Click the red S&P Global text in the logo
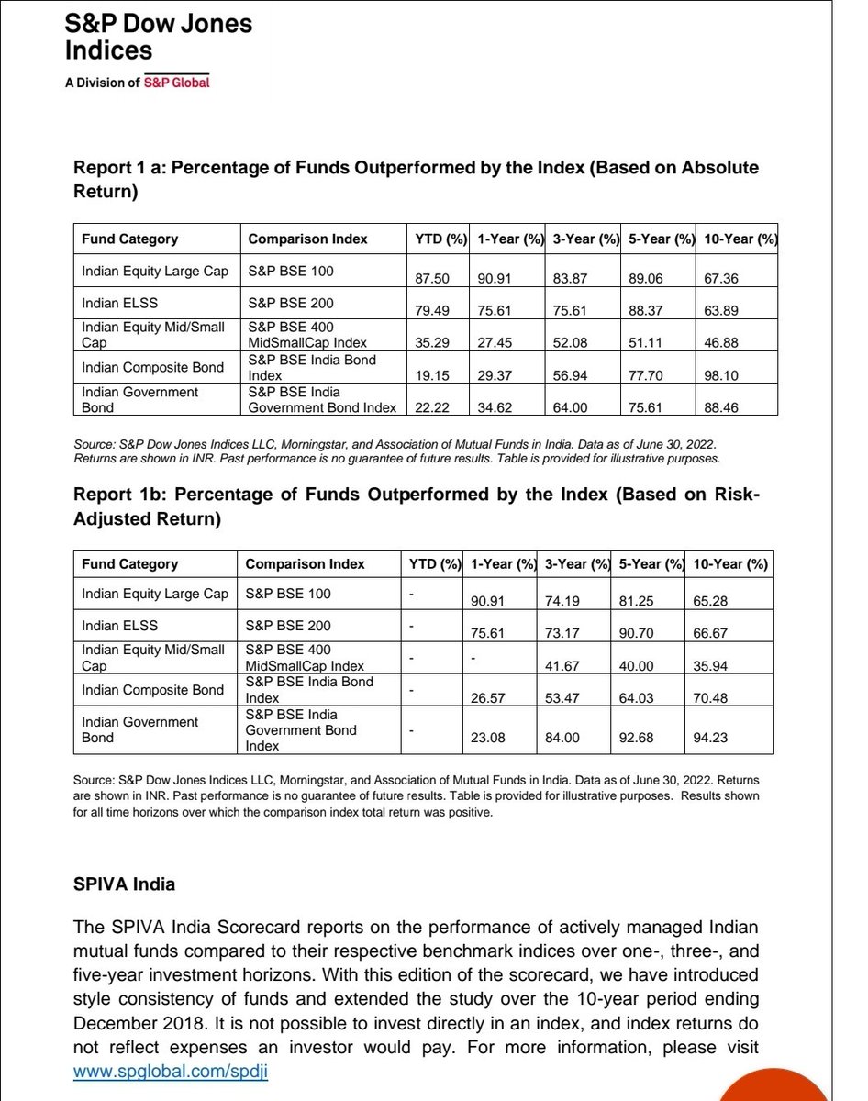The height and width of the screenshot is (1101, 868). pyautogui.click(x=176, y=83)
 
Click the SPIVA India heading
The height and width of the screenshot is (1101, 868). pyautogui.click(x=124, y=885)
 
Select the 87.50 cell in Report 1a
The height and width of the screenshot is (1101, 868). pyautogui.click(x=431, y=278)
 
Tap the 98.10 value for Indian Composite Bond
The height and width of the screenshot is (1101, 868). pyautogui.click(x=721, y=375)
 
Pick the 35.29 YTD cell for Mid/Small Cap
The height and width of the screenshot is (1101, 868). pyautogui.click(x=431, y=342)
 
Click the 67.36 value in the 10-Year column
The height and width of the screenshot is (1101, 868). pyautogui.click(x=721, y=278)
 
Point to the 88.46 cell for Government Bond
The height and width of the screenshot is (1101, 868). pyautogui.click(x=721, y=406)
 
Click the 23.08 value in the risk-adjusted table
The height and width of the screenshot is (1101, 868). pyautogui.click(x=487, y=736)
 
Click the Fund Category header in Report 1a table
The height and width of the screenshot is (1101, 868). pyautogui.click(x=129, y=239)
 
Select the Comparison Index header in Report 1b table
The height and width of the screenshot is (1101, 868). pyautogui.click(x=305, y=563)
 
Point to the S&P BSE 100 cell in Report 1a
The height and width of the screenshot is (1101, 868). pyautogui.click(x=291, y=272)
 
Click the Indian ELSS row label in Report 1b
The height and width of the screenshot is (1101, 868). pyautogui.click(x=119, y=626)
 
